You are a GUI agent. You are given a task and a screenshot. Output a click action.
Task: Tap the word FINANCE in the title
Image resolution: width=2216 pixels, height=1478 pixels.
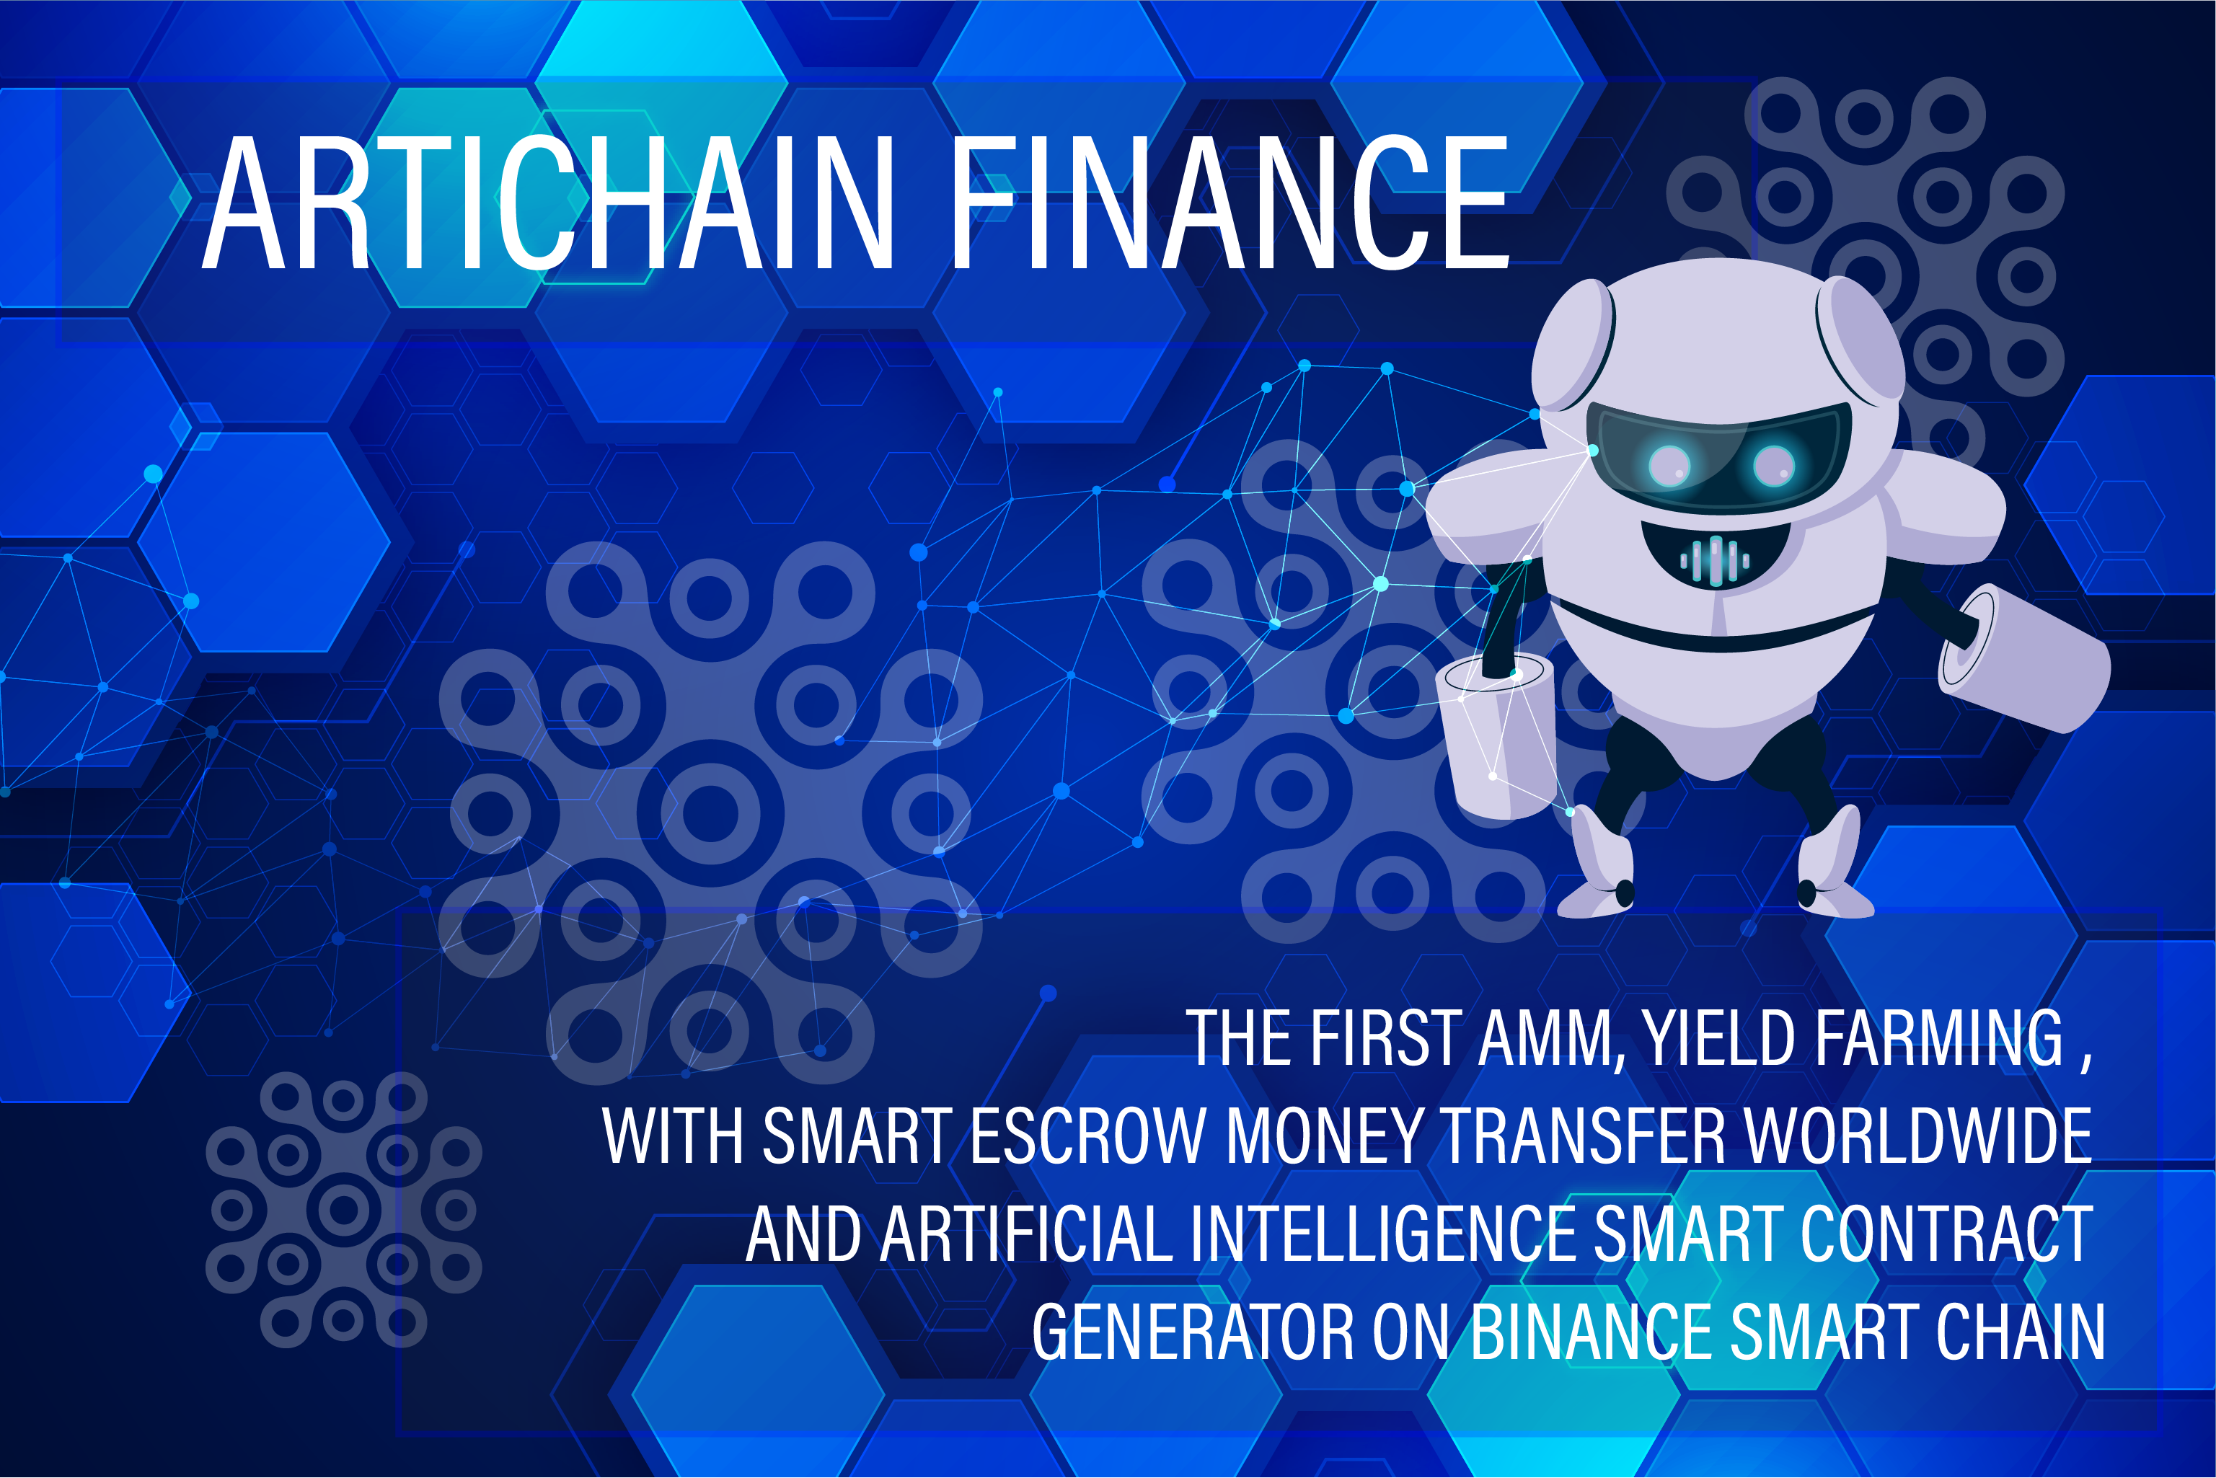[x=1231, y=203]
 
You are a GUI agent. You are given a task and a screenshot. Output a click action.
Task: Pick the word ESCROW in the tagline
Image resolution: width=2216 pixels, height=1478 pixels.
[x=1089, y=1136]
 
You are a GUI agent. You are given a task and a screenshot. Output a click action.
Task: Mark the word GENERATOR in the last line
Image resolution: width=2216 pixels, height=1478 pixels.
[x=1192, y=1332]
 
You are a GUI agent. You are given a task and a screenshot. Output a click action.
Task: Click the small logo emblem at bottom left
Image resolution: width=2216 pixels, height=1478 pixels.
[x=344, y=1209]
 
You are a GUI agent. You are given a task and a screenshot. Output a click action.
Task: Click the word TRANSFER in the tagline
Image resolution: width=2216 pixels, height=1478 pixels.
[x=1584, y=1136]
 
